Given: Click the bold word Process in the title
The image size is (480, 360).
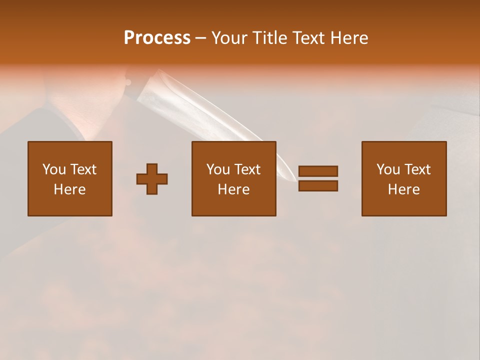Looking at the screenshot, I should coord(157,38).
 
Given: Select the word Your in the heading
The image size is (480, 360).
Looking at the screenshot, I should coord(229,38).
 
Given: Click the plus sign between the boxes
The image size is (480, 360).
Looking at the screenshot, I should coord(152,178).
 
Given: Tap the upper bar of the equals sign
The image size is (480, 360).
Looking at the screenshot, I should coord(318,171).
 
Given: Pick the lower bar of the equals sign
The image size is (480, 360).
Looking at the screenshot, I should coord(318,185).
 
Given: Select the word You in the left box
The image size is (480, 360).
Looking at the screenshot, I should coord(53,169).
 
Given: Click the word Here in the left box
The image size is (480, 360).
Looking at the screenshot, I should coord(69,189).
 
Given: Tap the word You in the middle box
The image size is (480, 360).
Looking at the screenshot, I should coord(217,169).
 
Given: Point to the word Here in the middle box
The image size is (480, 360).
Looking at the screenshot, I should coord(233,189).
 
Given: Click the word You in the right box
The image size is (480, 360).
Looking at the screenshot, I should coord(387,169).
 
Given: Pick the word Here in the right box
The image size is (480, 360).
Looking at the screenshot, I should coord(403,189).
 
